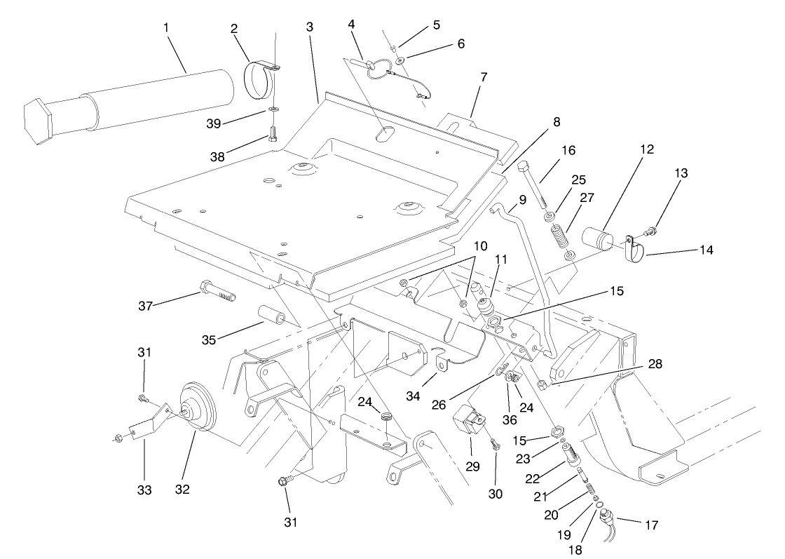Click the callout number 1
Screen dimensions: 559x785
tap(165, 27)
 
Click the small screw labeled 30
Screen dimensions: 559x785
tap(496, 445)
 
